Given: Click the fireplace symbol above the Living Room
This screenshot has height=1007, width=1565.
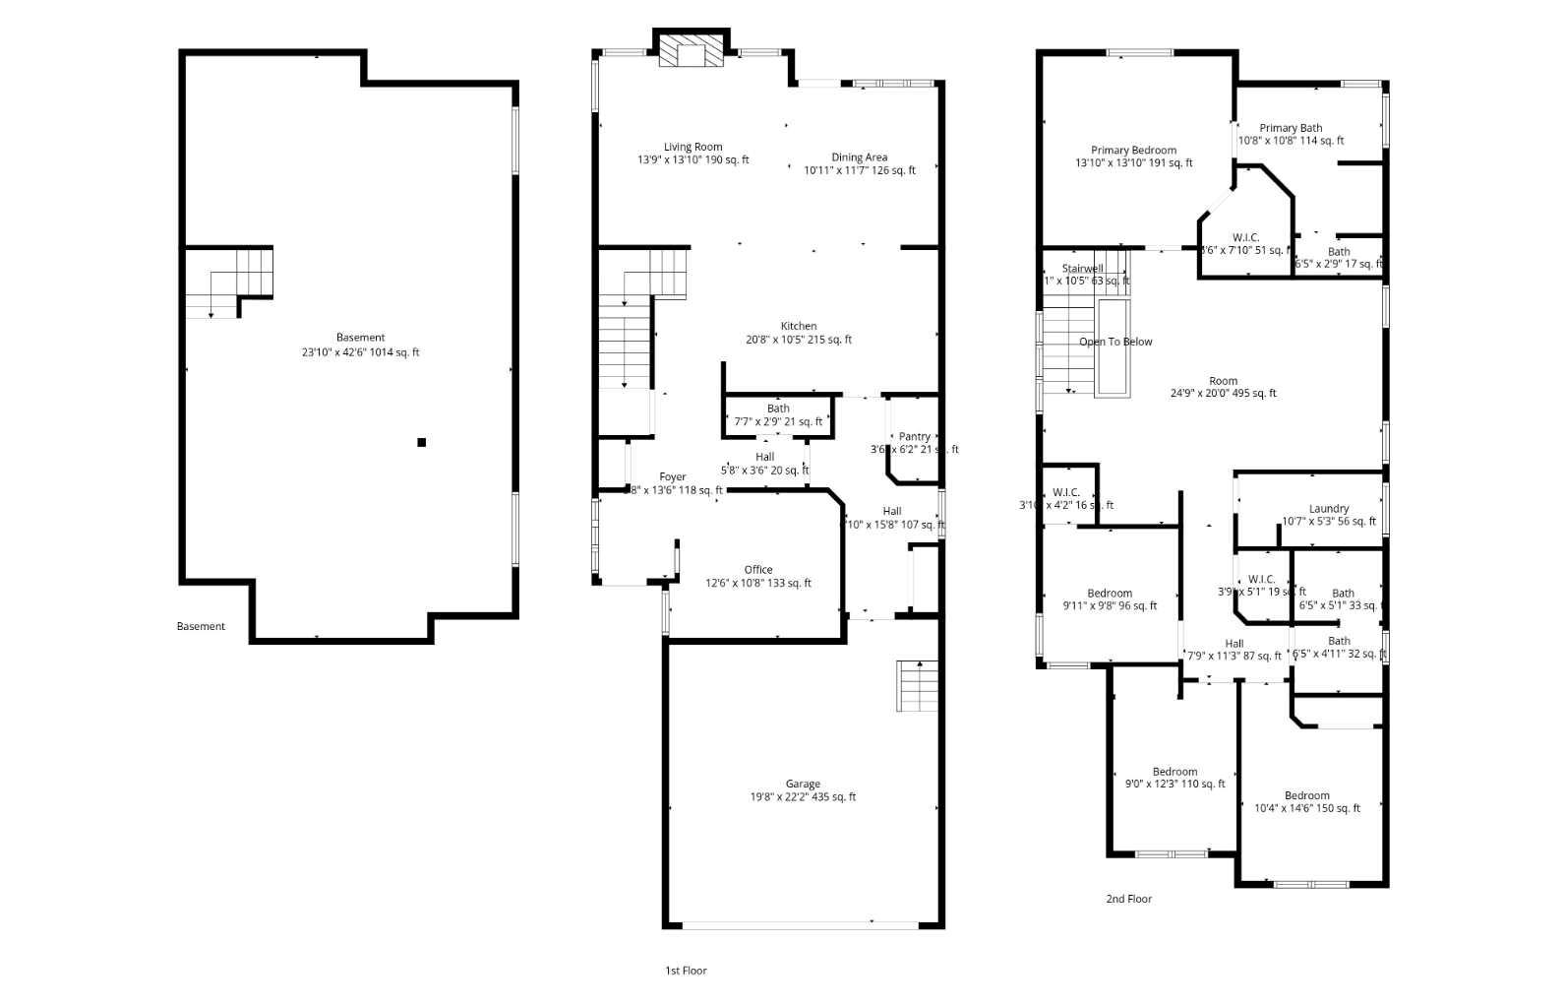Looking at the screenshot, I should click(692, 52).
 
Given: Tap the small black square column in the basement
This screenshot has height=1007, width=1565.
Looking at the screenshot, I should click(421, 442).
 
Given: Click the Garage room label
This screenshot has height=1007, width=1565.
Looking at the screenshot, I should click(803, 785).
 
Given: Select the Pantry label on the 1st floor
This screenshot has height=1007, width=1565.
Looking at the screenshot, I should click(914, 436).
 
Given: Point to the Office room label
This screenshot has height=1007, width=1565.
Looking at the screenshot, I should click(757, 569).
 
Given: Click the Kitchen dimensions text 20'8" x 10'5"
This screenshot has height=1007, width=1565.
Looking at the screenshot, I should click(799, 340).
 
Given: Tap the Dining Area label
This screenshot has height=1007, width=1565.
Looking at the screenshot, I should click(859, 157).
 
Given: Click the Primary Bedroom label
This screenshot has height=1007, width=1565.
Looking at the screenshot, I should click(1133, 150).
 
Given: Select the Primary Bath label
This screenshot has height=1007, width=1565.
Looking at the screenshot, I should click(1291, 127).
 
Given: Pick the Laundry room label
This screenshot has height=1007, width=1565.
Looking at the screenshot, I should click(1329, 509).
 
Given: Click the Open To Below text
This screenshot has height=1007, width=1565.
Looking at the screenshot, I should click(1115, 342).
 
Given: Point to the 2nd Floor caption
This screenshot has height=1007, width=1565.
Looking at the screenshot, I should click(1128, 899).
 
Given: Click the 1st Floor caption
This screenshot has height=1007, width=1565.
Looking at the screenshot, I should click(686, 971).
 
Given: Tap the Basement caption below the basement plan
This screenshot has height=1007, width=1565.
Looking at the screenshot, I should click(201, 626).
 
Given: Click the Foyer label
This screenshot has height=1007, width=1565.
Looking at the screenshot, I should click(672, 476).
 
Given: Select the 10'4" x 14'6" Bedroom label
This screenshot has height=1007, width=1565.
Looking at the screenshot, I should click(1306, 795).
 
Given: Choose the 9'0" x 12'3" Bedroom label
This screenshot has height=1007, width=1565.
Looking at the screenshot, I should click(1174, 771).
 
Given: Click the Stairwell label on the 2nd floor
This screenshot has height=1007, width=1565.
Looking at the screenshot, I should click(1082, 268).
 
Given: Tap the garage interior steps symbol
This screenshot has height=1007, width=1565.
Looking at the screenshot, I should click(914, 686).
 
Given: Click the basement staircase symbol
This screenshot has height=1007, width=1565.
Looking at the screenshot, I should click(228, 283).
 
